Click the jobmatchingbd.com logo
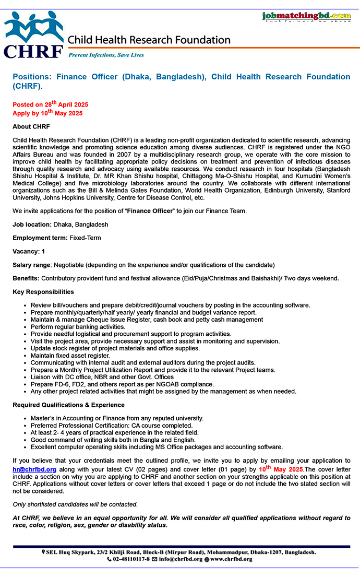(306, 16)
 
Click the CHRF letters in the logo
(33, 51)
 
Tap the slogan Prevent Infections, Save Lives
(106, 54)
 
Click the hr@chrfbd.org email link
(34, 469)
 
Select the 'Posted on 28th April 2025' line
(50, 104)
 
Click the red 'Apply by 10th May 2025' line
(47, 113)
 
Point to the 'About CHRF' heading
(31, 127)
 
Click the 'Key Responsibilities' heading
(43, 292)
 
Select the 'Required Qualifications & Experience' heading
(68, 405)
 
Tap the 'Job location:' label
(32, 225)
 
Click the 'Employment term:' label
(40, 238)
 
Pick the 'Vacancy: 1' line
(29, 252)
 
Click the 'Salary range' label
(32, 265)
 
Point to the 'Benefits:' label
(26, 278)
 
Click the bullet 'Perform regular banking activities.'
(78, 327)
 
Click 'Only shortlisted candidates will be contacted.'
(75, 504)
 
